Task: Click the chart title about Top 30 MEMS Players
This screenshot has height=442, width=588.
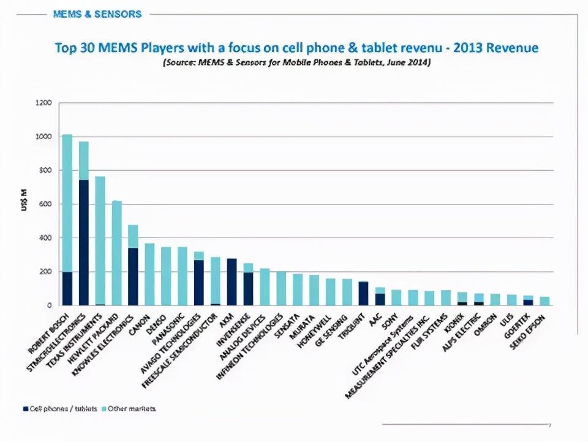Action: tap(296, 48)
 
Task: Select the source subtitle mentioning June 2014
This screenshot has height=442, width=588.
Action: tap(296, 63)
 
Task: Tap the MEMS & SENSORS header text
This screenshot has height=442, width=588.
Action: tap(97, 13)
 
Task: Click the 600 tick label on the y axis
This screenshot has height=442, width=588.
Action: tap(45, 204)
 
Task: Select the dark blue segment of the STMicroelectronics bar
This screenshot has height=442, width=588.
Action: tap(84, 242)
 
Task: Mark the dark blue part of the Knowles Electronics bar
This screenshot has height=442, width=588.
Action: tap(134, 275)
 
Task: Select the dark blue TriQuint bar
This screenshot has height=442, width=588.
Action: tap(364, 293)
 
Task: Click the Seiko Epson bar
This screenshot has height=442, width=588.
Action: tap(545, 301)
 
